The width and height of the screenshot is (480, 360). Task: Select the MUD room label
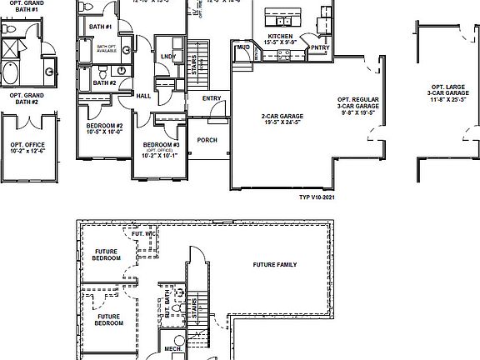coord(243,48)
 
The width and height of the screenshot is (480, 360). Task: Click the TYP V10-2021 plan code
coord(317,198)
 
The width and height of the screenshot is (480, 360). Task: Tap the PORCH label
coord(207,140)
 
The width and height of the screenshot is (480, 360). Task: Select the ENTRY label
coord(212,98)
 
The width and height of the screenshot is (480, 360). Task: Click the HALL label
coord(142,96)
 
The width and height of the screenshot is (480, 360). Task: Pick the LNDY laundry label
coord(168,57)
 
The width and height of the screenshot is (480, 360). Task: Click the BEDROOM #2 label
coord(106,128)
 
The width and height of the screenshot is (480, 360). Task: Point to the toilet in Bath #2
coord(122,70)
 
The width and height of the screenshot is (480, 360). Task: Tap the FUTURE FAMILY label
coord(274,264)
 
